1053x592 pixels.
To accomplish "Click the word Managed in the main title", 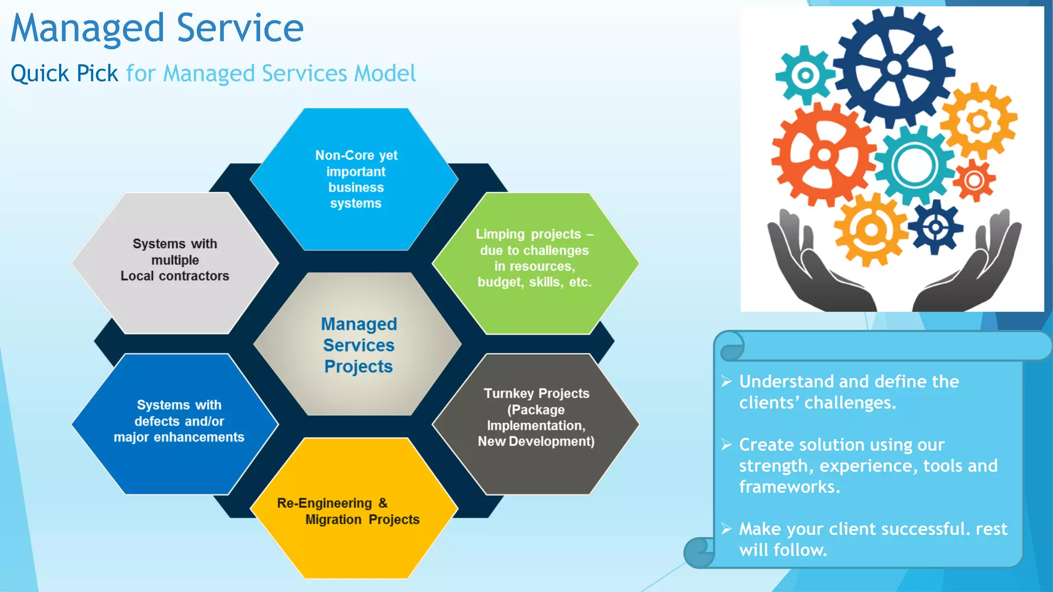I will pos(87,29).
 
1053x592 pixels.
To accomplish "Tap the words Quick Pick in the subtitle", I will pos(64,73).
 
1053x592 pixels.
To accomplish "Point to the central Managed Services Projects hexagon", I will pos(358,344).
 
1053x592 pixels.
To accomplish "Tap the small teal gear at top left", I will pos(805,76).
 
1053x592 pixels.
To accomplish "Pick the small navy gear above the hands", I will pos(935,227).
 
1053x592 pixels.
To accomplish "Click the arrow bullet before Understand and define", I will pos(726,381).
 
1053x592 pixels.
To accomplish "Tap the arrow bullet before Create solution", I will pos(726,445).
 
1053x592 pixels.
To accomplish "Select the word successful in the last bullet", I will pos(921,529).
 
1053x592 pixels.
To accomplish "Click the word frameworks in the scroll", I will pos(789,487).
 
